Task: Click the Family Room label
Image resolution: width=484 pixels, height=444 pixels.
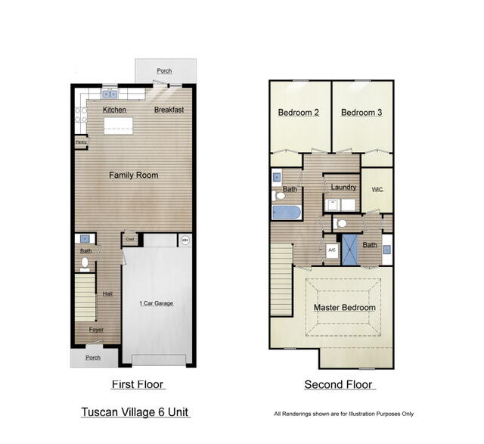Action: pos(134,175)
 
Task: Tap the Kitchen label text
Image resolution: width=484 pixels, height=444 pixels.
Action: pos(114,110)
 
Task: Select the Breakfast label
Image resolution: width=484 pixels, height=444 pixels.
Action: pos(169,110)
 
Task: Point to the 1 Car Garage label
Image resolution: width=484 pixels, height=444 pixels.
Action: pos(156,303)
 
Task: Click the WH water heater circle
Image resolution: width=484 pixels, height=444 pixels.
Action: pos(185,241)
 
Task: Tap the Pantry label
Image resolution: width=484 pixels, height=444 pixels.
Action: pos(80,141)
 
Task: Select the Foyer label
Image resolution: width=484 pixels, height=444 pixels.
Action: pos(96,330)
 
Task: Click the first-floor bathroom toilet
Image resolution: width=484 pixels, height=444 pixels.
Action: pos(85,264)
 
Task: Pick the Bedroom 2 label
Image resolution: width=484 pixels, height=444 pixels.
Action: pos(298,113)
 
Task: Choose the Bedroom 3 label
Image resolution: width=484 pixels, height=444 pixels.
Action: pos(361,113)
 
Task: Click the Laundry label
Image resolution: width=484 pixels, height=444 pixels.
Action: pos(344,187)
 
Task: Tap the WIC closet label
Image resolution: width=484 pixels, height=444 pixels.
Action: pos(377,190)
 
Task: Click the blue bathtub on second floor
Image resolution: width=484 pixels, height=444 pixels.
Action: pos(287,211)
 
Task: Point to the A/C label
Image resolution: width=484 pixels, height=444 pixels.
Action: pos(332,249)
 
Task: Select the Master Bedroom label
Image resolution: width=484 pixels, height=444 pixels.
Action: pos(345,308)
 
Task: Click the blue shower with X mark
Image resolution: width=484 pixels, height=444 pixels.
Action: pos(350,249)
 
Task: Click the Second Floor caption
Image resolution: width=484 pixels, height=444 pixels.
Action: pos(340,385)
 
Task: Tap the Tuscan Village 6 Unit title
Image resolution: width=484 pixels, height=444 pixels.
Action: pos(135,412)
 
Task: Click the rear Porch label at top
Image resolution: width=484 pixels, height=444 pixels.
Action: pos(164,71)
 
